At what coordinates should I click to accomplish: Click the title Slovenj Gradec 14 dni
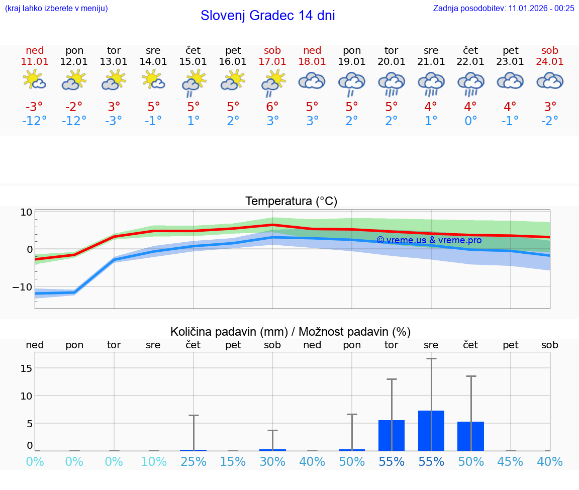click(x=267, y=16)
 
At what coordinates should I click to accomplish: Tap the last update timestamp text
click(x=504, y=8)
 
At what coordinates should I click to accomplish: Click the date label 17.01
click(x=272, y=61)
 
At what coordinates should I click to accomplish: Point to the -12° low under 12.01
click(x=74, y=121)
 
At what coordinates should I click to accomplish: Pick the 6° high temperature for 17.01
click(x=272, y=107)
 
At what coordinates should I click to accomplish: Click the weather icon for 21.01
click(x=431, y=82)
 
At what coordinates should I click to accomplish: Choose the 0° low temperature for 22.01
click(x=470, y=121)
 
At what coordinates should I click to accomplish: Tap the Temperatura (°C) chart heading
click(x=291, y=202)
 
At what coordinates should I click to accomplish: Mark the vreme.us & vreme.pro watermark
click(x=429, y=240)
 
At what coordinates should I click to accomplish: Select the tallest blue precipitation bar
click(x=431, y=430)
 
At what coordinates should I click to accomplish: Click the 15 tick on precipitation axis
click(x=26, y=368)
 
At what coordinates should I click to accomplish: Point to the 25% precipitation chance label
click(x=194, y=461)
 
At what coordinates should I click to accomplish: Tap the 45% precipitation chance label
click(x=510, y=461)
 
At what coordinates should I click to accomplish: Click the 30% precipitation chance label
click(x=272, y=461)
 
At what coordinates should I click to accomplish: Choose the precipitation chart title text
click(x=291, y=332)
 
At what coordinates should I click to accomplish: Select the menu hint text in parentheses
click(x=56, y=8)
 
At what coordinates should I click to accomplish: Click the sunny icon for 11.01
click(x=35, y=80)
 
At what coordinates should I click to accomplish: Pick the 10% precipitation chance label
click(x=154, y=461)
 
